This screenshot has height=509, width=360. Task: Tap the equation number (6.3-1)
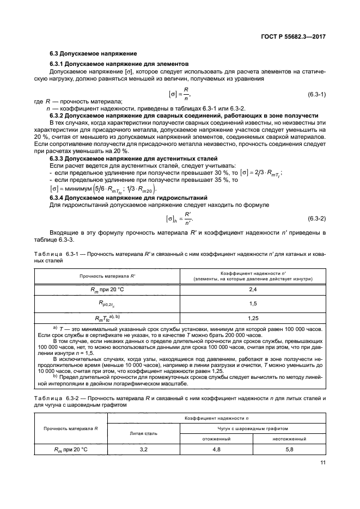(x=316, y=94)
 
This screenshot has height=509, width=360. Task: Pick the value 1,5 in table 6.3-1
(x=252, y=303)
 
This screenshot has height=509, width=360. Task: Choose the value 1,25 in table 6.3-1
(x=252, y=317)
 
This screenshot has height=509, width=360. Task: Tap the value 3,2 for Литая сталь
(x=144, y=450)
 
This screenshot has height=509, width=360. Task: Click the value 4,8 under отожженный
(x=216, y=450)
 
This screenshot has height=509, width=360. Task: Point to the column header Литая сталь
(x=144, y=433)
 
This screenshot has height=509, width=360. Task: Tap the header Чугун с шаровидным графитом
(x=252, y=428)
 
